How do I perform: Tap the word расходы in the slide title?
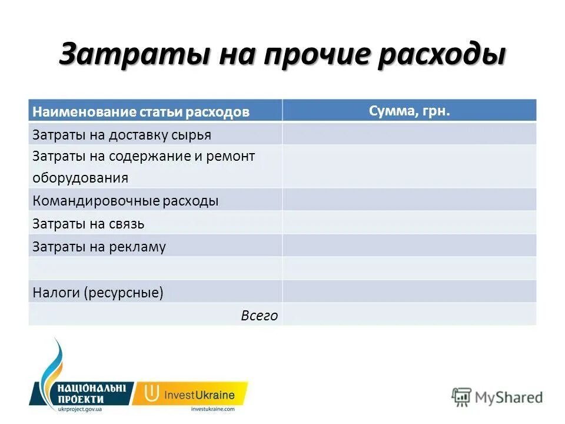pos(444,55)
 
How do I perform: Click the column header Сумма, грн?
pos(410,111)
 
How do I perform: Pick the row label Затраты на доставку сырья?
pos(121,135)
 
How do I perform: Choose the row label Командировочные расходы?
pos(125,201)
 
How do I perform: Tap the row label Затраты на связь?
pos(88,224)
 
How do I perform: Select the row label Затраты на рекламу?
pos(99,247)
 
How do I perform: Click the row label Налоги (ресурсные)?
pos(98,292)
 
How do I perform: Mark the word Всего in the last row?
pos(259,316)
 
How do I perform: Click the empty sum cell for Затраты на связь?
pos(410,223)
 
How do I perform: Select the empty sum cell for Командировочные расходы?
pos(410,200)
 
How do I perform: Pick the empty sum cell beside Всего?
pos(410,314)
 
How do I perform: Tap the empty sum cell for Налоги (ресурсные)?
pos(410,291)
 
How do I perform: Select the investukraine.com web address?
pos(212,408)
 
